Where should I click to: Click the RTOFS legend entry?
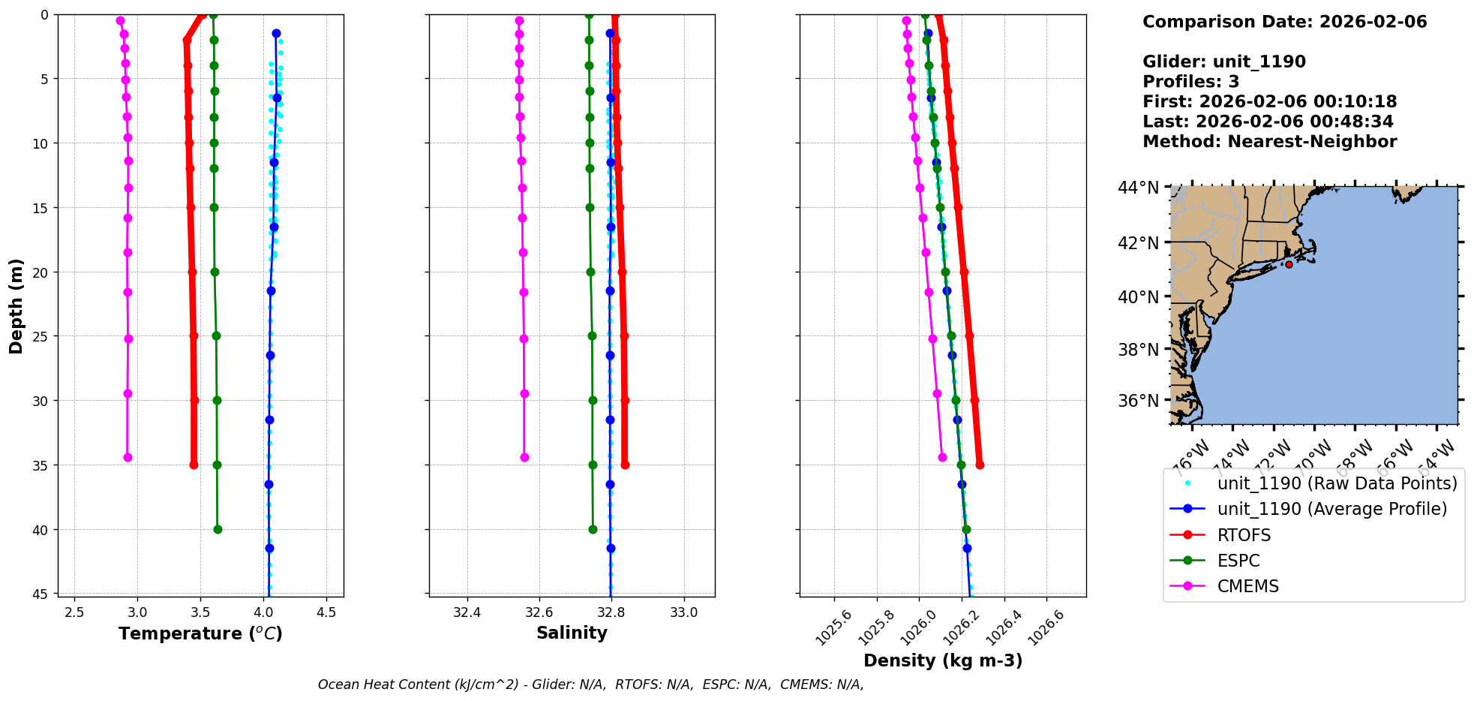point(1244,535)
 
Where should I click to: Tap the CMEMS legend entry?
point(1247,586)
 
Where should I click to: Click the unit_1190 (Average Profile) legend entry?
point(1331,509)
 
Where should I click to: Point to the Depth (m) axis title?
point(17,306)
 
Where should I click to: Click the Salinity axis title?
point(572,633)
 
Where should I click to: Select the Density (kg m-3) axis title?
point(943,660)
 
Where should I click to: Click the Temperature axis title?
point(200,633)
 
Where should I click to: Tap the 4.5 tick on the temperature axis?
point(326,612)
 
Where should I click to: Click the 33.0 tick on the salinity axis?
point(683,612)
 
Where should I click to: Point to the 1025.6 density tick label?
point(833,627)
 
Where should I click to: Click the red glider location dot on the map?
point(1289,264)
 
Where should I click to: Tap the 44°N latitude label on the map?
point(1139,188)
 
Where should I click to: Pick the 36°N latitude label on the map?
point(1139,401)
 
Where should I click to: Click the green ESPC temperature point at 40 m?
point(218,529)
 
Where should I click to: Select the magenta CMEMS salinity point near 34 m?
point(524,457)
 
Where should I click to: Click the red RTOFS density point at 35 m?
point(980,465)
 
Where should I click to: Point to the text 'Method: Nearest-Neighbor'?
point(1269,142)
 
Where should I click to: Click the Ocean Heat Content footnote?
point(590,684)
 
